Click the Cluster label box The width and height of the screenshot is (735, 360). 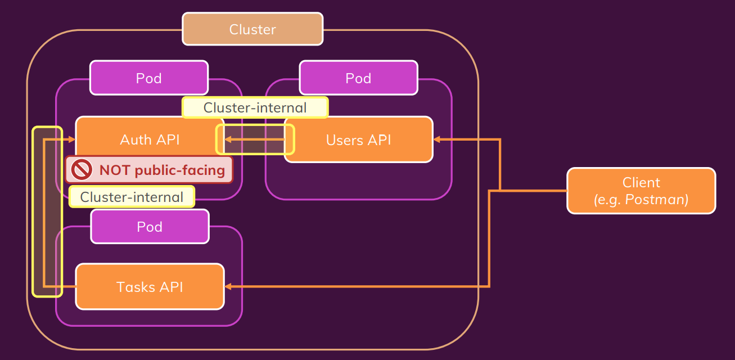(252, 29)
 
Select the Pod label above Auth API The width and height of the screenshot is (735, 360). (149, 78)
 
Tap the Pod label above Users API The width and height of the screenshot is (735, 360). (358, 78)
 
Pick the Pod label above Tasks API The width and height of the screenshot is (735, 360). (150, 227)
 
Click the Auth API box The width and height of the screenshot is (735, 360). (150, 139)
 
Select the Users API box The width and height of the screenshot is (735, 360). (358, 139)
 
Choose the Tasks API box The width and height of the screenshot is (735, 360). (150, 287)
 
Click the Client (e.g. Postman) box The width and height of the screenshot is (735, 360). (641, 191)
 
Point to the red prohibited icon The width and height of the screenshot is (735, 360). (82, 169)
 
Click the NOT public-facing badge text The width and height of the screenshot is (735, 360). (162, 170)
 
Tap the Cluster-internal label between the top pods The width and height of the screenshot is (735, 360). (255, 107)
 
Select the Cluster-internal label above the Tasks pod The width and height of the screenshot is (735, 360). (132, 197)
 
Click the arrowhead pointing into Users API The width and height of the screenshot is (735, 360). (437, 139)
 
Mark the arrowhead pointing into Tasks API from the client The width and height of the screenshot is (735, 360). (228, 287)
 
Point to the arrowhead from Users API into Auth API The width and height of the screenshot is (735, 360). (229, 139)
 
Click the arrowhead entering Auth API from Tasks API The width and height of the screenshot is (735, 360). (71, 139)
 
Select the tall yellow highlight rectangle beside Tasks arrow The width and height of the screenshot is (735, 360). (47, 211)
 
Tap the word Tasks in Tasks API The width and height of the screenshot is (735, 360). (136, 287)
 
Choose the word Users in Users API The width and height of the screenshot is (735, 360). (344, 139)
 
